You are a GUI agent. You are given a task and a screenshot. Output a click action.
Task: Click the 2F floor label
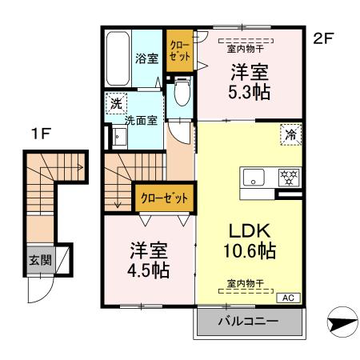(x=323, y=38)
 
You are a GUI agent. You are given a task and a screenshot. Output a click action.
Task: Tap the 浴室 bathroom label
(x=146, y=58)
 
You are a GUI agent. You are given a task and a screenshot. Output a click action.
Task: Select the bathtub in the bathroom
(x=118, y=58)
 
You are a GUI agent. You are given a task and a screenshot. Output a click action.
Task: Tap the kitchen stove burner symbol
(x=286, y=178)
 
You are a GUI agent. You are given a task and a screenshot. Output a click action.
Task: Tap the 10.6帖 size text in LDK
(x=248, y=250)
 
